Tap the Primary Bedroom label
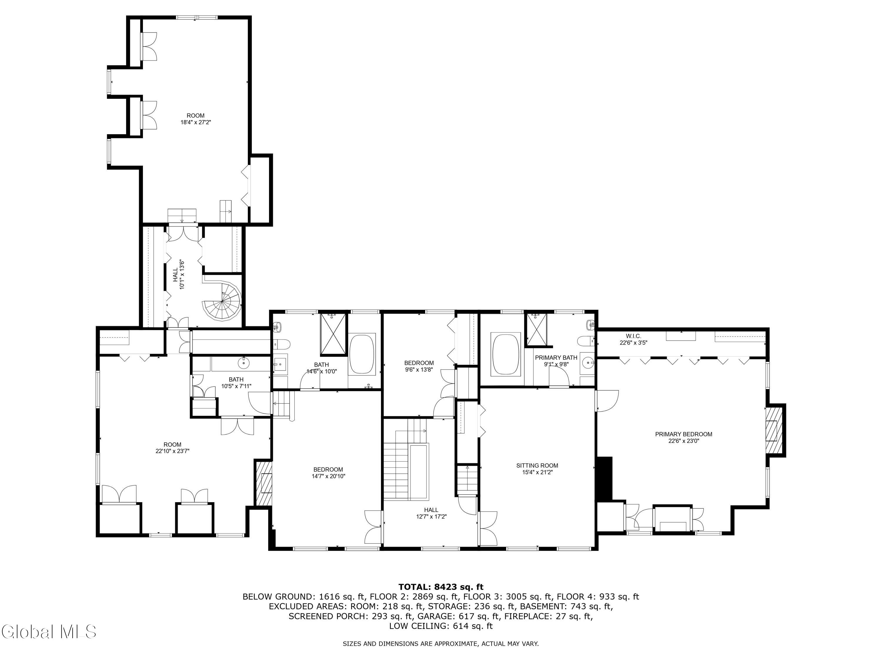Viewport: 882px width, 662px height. [684, 434]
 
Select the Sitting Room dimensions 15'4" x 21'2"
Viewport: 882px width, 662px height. [537, 472]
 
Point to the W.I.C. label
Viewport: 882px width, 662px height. [633, 336]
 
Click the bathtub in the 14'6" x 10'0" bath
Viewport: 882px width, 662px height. [362, 354]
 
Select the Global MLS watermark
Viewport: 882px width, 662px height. [49, 632]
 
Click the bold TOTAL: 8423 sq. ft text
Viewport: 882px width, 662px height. [441, 587]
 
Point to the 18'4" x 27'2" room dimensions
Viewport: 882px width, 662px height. [196, 122]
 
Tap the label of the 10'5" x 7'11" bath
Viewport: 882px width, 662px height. [236, 380]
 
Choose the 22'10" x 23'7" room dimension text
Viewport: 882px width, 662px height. [172, 451]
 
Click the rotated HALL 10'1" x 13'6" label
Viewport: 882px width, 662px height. [179, 275]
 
